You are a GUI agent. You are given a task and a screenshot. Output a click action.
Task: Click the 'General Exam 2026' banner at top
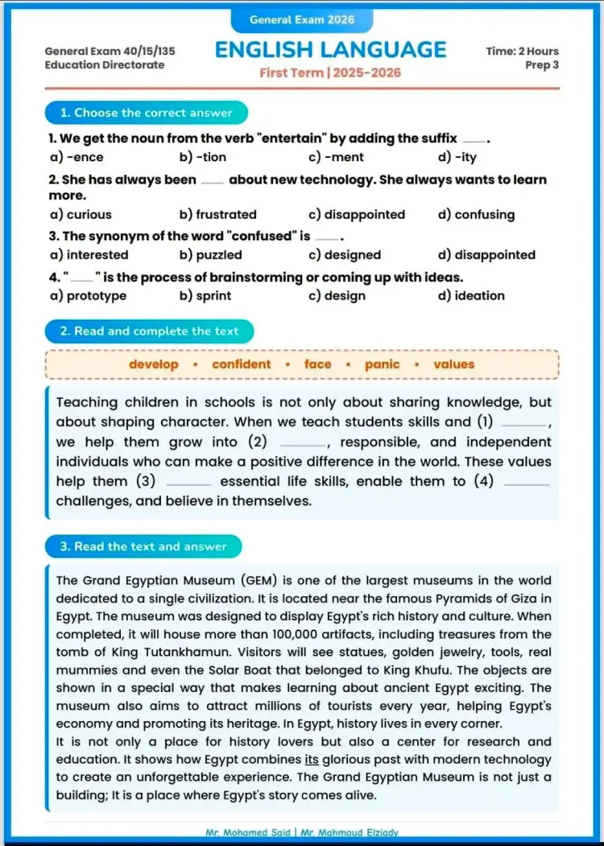pos(302,19)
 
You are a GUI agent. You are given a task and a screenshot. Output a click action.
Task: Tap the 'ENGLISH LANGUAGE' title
pos(330,50)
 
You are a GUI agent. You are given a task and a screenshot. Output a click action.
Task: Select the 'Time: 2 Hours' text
pos(522,51)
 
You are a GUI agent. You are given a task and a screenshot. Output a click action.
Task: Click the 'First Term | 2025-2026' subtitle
pos(330,73)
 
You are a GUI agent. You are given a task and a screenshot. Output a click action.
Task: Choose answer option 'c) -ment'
pos(336,157)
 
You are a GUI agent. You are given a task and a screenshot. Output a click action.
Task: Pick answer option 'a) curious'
pos(81,214)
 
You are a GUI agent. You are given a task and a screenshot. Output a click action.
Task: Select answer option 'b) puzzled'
pos(211,255)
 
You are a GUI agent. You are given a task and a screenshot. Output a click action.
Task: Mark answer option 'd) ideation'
pos(471,296)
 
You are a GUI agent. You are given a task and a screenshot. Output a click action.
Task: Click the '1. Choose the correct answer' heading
pos(146,113)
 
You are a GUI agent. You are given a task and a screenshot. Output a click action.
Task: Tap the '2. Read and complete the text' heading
pos(149,331)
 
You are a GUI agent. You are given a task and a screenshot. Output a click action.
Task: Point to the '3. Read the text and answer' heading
pos(143,546)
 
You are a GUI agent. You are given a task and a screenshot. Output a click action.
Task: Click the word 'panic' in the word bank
pos(382,364)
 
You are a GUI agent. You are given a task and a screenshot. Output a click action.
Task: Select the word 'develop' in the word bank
pos(154,364)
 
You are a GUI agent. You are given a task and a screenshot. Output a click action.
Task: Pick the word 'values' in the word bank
pos(454,364)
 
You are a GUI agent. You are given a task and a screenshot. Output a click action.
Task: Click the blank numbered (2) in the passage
pos(303,443)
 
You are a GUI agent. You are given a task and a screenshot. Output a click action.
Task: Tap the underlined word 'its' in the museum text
pos(312,760)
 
